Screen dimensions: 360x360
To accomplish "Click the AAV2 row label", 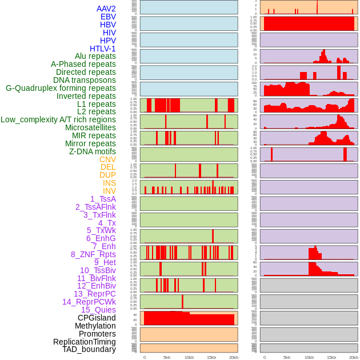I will (x=106, y=9).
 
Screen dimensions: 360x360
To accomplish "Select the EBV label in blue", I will (x=108, y=17).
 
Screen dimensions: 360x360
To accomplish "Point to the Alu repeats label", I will (x=95, y=56).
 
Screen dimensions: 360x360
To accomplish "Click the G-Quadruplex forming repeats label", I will (x=61, y=88).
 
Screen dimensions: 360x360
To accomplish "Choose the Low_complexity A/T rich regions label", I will (x=58, y=119).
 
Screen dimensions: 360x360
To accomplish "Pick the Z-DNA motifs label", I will (x=92, y=151).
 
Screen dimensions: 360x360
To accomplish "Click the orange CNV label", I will (x=107, y=159).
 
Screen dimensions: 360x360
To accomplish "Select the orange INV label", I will (x=109, y=191).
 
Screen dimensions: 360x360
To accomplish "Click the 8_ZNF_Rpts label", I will (x=93, y=254).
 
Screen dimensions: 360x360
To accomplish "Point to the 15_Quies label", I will (x=98, y=310).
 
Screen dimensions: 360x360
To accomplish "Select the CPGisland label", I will (x=97, y=318).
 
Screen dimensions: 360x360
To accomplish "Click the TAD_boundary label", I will (x=89, y=349).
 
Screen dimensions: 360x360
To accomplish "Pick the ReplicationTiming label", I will (x=85, y=342).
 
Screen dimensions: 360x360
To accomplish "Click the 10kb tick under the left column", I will (x=189, y=357).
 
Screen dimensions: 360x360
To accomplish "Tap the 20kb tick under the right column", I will (x=354, y=357).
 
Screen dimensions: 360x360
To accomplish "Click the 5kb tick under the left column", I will (x=167, y=357).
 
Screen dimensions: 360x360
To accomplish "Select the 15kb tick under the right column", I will (x=331, y=357).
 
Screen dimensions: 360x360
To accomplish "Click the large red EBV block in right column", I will (x=309, y=23).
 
